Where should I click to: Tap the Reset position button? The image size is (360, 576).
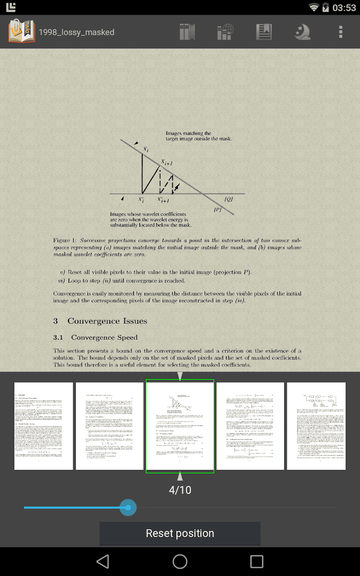pos(180,533)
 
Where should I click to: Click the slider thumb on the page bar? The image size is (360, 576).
pos(128,508)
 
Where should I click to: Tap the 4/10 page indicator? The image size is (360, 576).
pos(180,490)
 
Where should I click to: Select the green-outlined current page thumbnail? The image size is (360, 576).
pos(180,426)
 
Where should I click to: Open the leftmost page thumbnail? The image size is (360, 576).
pos(43,426)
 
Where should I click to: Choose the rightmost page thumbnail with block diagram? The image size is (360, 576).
pos(316,426)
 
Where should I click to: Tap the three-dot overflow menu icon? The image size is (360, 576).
pos(340,32)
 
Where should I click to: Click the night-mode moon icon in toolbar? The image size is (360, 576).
pos(302,32)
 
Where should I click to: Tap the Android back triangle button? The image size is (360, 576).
pos(103,561)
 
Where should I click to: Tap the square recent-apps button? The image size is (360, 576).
pos(257,561)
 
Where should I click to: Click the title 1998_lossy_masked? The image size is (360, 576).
pos(76,32)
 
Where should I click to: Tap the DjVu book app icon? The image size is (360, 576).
pos(21,31)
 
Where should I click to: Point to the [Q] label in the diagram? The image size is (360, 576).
pos(229,199)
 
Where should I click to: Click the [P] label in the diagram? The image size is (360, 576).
pos(218,210)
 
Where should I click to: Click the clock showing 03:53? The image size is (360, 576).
pos(344,8)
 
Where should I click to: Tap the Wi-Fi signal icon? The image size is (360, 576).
pos(314,7)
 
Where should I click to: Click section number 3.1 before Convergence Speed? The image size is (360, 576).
pos(58,338)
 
